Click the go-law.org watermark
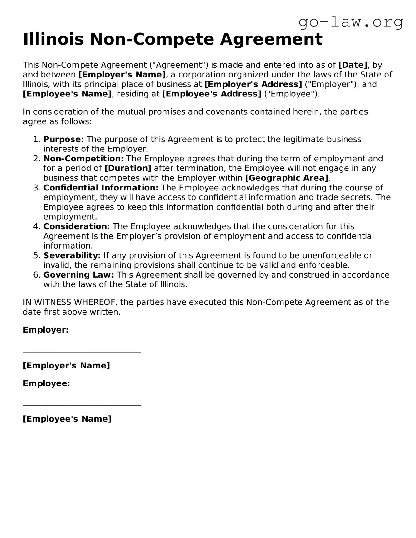pyautogui.click(x=351, y=22)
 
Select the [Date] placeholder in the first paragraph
pyautogui.click(x=353, y=65)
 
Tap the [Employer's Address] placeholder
pyautogui.click(x=253, y=84)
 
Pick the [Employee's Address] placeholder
pyautogui.click(x=212, y=94)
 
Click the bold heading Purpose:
pyautogui.click(x=64, y=139)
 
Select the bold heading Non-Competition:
pyautogui.click(x=83, y=159)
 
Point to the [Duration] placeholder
pyautogui.click(x=128, y=168)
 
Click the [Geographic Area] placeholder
pyautogui.click(x=287, y=178)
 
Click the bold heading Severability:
pyautogui.click(x=72, y=255)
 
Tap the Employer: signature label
pyautogui.click(x=46, y=330)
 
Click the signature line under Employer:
pyautogui.click(x=82, y=352)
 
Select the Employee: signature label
pyautogui.click(x=47, y=383)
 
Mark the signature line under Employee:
pyautogui.click(x=82, y=405)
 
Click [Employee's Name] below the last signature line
pyautogui.click(x=67, y=419)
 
